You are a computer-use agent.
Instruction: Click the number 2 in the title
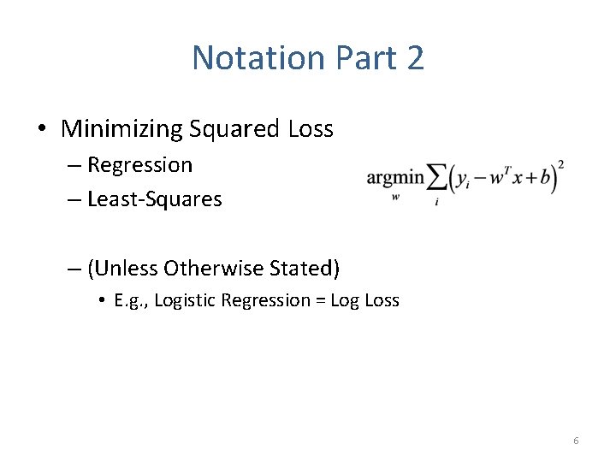414,58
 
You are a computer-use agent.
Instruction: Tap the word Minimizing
122,129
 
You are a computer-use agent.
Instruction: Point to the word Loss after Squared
311,129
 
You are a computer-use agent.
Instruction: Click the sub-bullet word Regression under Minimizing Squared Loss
140,164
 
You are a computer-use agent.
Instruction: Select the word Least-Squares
155,199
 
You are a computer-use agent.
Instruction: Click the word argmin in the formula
395,178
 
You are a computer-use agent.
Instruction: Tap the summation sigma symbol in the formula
436,179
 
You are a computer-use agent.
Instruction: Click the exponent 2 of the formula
560,164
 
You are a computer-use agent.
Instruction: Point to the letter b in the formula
546,179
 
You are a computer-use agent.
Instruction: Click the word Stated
305,269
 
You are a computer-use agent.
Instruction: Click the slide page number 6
576,441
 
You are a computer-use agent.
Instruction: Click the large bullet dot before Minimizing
43,130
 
